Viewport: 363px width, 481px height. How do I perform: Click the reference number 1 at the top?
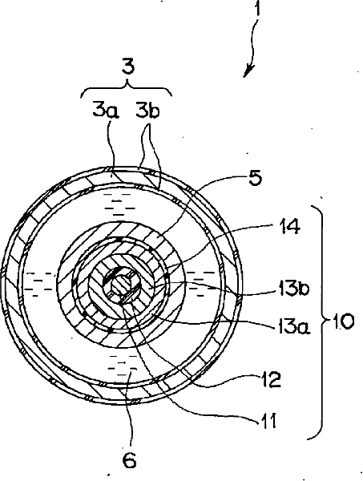258,8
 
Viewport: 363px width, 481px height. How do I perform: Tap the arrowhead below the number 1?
249,71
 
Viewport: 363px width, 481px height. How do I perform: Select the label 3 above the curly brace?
128,67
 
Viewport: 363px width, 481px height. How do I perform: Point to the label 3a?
106,111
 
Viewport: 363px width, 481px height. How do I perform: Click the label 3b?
147,111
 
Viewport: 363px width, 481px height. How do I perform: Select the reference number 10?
342,322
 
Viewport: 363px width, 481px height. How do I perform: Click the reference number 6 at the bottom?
129,460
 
